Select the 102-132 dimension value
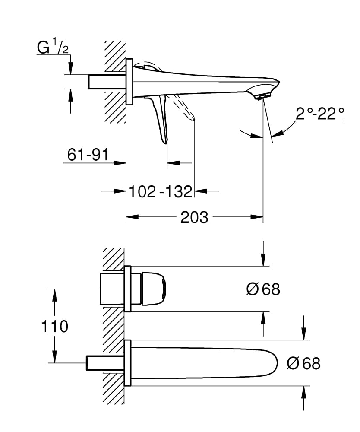[x=160, y=191]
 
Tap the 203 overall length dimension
[x=194, y=217]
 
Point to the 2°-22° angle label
[x=320, y=114]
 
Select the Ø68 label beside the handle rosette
[x=263, y=289]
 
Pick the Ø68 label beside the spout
[x=303, y=364]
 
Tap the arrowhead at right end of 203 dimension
[x=259, y=217]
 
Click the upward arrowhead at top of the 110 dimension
[x=55, y=293]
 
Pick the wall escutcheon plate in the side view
[x=129, y=82]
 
